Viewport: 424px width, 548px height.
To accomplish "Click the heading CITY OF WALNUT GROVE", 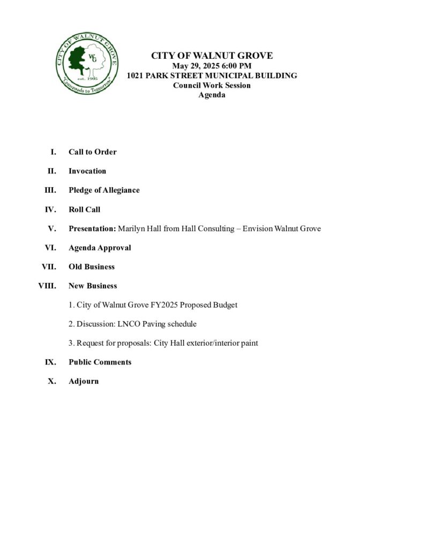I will [x=212, y=56].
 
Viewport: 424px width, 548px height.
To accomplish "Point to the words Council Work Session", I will [x=212, y=85].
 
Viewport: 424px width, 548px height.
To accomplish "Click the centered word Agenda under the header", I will [x=212, y=95].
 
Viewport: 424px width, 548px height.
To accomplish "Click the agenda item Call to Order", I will [x=92, y=152].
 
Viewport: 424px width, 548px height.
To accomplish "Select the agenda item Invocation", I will [x=87, y=171].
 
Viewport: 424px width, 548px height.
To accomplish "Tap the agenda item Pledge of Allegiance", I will [x=104, y=191].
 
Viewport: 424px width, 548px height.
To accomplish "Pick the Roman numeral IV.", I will [x=51, y=210].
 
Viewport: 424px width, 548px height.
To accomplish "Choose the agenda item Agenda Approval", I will [x=100, y=248].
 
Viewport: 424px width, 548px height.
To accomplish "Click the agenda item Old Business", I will [x=92, y=267].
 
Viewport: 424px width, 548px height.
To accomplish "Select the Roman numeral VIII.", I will [x=47, y=286].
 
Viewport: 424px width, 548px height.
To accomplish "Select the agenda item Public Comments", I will [x=100, y=362].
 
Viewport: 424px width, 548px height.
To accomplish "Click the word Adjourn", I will [x=84, y=382].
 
